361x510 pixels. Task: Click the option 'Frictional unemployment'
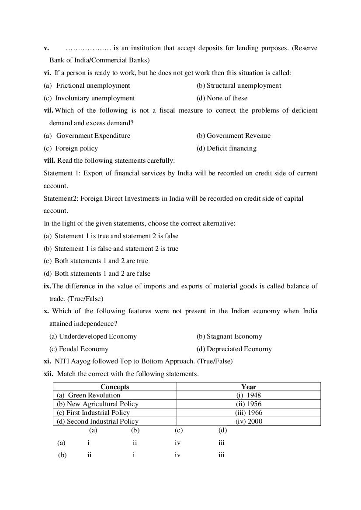point(93,86)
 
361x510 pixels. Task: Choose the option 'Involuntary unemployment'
point(95,98)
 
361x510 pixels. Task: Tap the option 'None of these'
point(226,98)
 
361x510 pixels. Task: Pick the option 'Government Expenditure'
point(93,136)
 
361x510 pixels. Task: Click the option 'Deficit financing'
point(231,148)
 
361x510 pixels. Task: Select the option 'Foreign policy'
point(76,148)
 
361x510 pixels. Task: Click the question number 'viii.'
point(49,161)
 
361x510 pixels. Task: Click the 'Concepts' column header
point(115,387)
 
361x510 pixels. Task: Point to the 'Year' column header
point(249,387)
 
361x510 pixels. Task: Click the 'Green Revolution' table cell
point(94,395)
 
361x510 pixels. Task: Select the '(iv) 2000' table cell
point(249,421)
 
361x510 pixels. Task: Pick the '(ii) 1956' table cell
point(249,404)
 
